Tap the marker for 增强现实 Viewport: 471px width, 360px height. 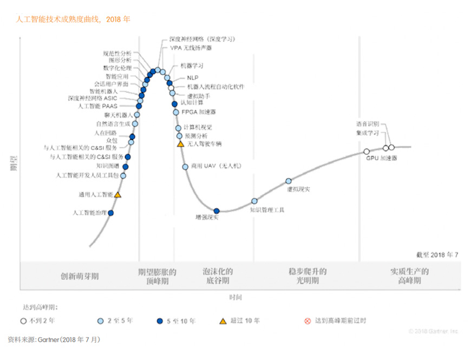tap(217, 211)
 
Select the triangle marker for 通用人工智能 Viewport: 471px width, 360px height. tap(117, 194)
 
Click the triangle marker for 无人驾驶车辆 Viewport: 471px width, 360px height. tap(180, 144)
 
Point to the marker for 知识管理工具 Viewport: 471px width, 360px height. tap(254, 201)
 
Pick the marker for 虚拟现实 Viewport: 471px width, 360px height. tap(289, 181)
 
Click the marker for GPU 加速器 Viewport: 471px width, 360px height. tap(367, 152)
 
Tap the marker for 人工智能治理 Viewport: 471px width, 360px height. tap(111, 213)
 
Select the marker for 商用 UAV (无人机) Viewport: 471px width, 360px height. tap(185, 167)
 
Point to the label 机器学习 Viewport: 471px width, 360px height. tap(192, 66)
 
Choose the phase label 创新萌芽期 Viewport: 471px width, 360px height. tap(80, 276)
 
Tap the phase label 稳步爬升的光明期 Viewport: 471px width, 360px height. tap(308, 276)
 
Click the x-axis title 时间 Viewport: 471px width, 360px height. tap(235, 298)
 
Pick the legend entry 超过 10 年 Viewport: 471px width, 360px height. tap(239, 321)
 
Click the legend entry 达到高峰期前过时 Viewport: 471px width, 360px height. tap(336, 321)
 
